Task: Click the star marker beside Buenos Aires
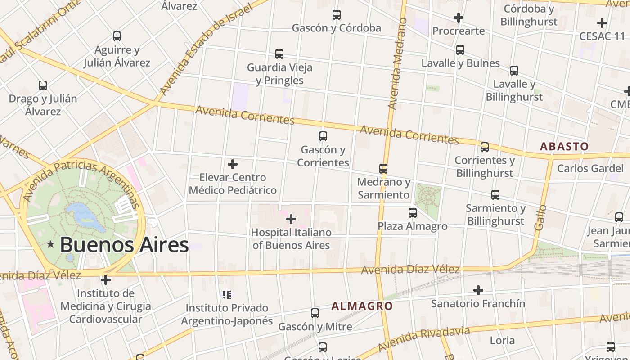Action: tap(50, 244)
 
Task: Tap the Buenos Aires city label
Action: tap(124, 245)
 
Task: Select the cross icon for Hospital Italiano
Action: tap(291, 219)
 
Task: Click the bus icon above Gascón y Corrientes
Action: tap(323, 136)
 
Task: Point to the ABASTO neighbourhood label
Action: tap(564, 146)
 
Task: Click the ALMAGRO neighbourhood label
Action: tap(362, 306)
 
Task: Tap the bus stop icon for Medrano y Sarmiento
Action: tap(383, 169)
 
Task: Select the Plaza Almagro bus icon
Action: tap(413, 212)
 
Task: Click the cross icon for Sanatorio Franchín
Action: tap(478, 290)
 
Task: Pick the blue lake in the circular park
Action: tap(83, 214)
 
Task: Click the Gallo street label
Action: tap(540, 218)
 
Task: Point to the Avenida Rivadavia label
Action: tap(424, 339)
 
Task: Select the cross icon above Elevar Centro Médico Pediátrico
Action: tap(233, 164)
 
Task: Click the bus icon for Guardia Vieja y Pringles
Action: tap(279, 54)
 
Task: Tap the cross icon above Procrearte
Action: tap(459, 18)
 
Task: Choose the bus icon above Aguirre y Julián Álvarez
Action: tap(117, 36)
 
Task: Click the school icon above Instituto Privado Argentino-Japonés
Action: tap(227, 295)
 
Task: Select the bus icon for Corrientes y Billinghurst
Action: tap(485, 147)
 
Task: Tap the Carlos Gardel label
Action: tap(585, 168)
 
